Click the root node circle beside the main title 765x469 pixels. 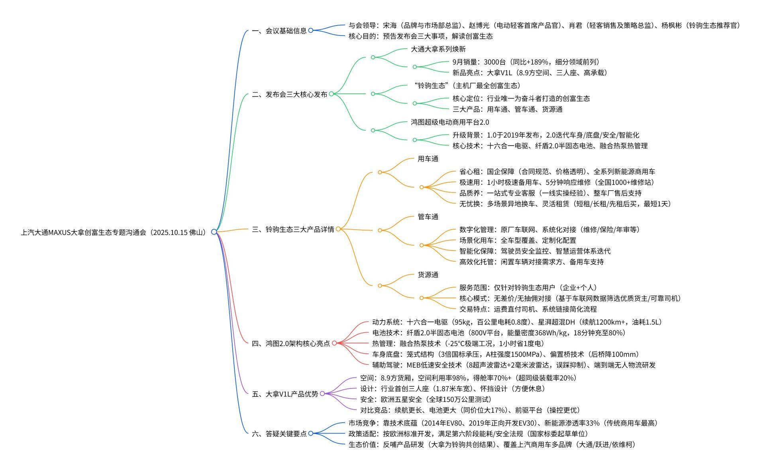click(x=214, y=232)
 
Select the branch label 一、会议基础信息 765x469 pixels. click(x=279, y=31)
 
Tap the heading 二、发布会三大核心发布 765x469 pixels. click(x=289, y=95)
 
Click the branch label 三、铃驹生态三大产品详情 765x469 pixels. click(x=293, y=230)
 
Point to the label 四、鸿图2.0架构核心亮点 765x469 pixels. click(x=291, y=343)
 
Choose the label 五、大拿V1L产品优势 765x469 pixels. click(x=285, y=394)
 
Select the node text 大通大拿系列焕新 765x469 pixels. click(x=438, y=49)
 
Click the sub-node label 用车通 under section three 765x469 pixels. click(x=428, y=159)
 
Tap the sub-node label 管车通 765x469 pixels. click(x=428, y=217)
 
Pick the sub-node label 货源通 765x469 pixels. click(x=428, y=275)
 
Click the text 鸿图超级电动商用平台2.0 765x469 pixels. click(x=450, y=122)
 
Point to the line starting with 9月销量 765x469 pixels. click(x=526, y=62)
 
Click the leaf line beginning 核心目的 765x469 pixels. click(x=420, y=36)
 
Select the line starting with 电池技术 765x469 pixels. click(x=498, y=333)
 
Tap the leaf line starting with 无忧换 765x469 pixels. click(x=565, y=204)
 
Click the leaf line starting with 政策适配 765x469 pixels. click(x=468, y=434)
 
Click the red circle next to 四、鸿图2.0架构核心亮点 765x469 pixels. click(x=334, y=343)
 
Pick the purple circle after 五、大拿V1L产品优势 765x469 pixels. click(x=322, y=394)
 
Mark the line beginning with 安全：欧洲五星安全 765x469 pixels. click(x=426, y=399)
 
